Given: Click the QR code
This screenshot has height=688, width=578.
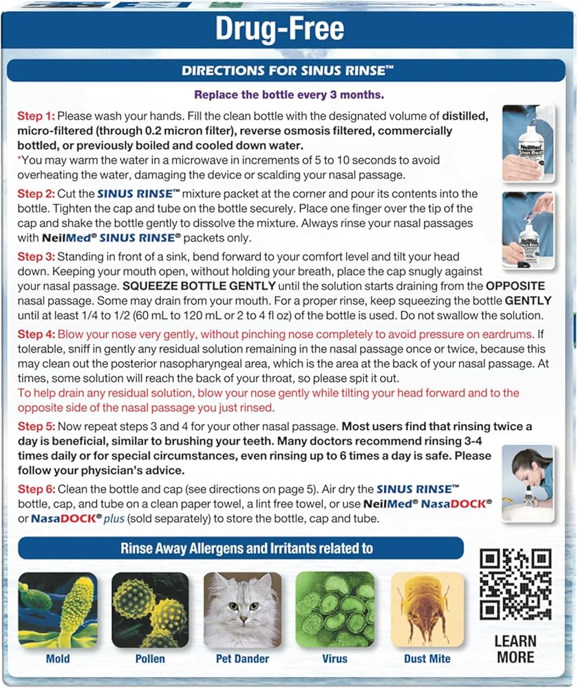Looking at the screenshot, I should pos(515,584).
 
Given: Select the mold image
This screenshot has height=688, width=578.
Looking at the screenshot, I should pos(58,610).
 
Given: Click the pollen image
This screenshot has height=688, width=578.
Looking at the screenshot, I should pos(150,610).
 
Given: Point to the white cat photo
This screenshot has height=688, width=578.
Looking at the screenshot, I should pos(243,610).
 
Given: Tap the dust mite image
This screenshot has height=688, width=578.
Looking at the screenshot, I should pos(427,610).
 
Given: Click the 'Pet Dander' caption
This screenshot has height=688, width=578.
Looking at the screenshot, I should pos(243,659).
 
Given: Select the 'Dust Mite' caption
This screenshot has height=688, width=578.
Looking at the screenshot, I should pos(427,659).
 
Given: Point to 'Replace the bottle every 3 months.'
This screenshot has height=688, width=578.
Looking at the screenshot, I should pos(288,94).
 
